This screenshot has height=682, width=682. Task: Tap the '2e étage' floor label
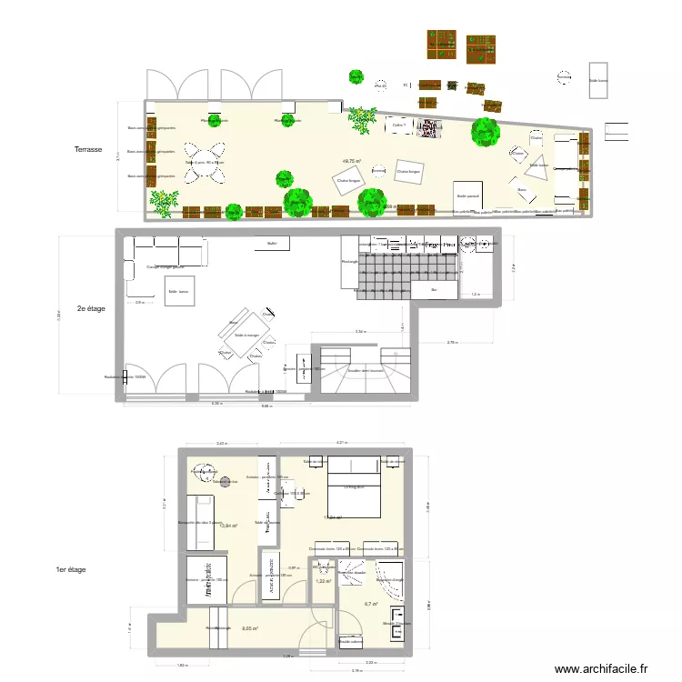click(92, 308)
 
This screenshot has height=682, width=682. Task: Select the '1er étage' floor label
click(71, 569)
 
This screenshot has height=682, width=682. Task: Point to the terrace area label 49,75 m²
click(351, 162)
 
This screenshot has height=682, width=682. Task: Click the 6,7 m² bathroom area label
click(371, 605)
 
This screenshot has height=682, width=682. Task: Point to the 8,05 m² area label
click(250, 628)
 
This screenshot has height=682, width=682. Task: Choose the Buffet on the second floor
click(271, 244)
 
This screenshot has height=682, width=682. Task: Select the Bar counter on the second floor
click(434, 290)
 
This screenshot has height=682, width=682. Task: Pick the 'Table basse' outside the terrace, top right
click(598, 75)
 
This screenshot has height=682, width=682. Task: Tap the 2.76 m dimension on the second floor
click(452, 343)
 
